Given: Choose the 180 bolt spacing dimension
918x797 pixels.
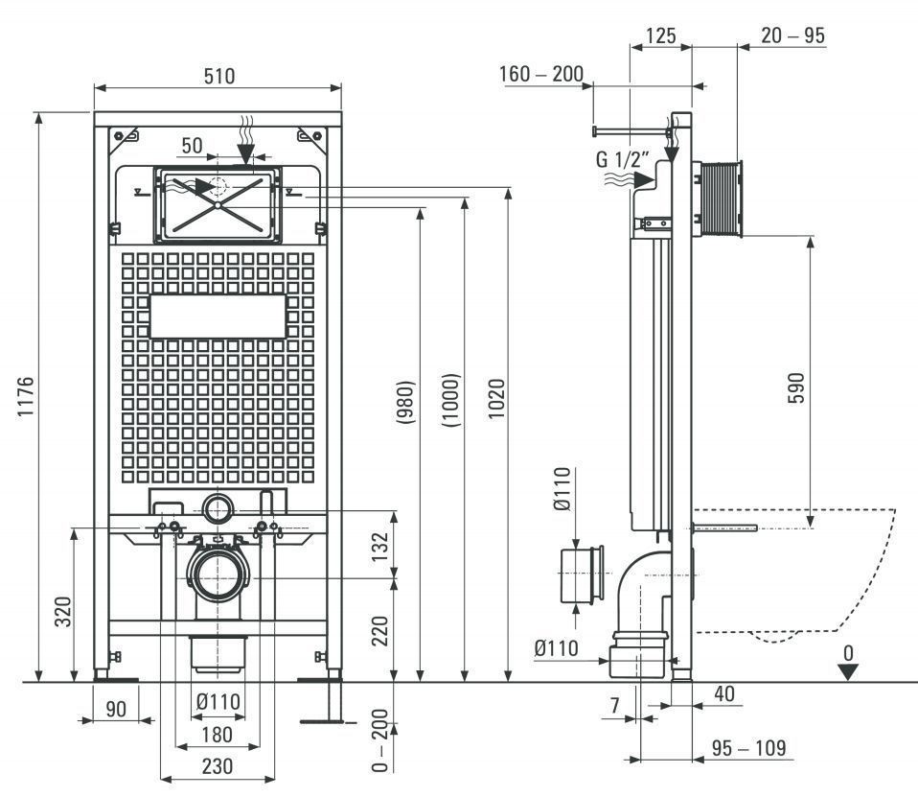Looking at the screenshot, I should pyautogui.click(x=217, y=735).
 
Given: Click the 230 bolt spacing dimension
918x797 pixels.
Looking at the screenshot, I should pyautogui.click(x=217, y=766).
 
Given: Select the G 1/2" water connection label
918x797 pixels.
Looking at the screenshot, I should pyautogui.click(x=623, y=159).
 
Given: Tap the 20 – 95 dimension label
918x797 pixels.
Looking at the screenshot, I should pyautogui.click(x=792, y=35).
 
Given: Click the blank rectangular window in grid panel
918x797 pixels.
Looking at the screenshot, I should pyautogui.click(x=218, y=316).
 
